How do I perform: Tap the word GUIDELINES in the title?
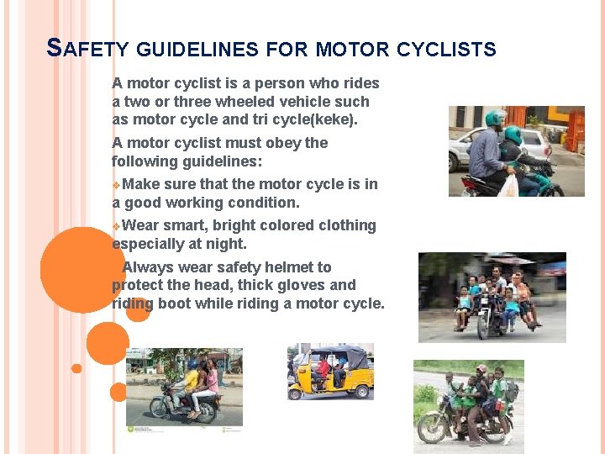coord(195,50)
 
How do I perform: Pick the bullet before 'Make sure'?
coord(116,185)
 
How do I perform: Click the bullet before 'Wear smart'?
coord(116,226)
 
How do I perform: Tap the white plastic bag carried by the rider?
coord(508,186)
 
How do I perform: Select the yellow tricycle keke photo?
coord(330,371)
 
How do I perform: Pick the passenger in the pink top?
coord(210,380)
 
